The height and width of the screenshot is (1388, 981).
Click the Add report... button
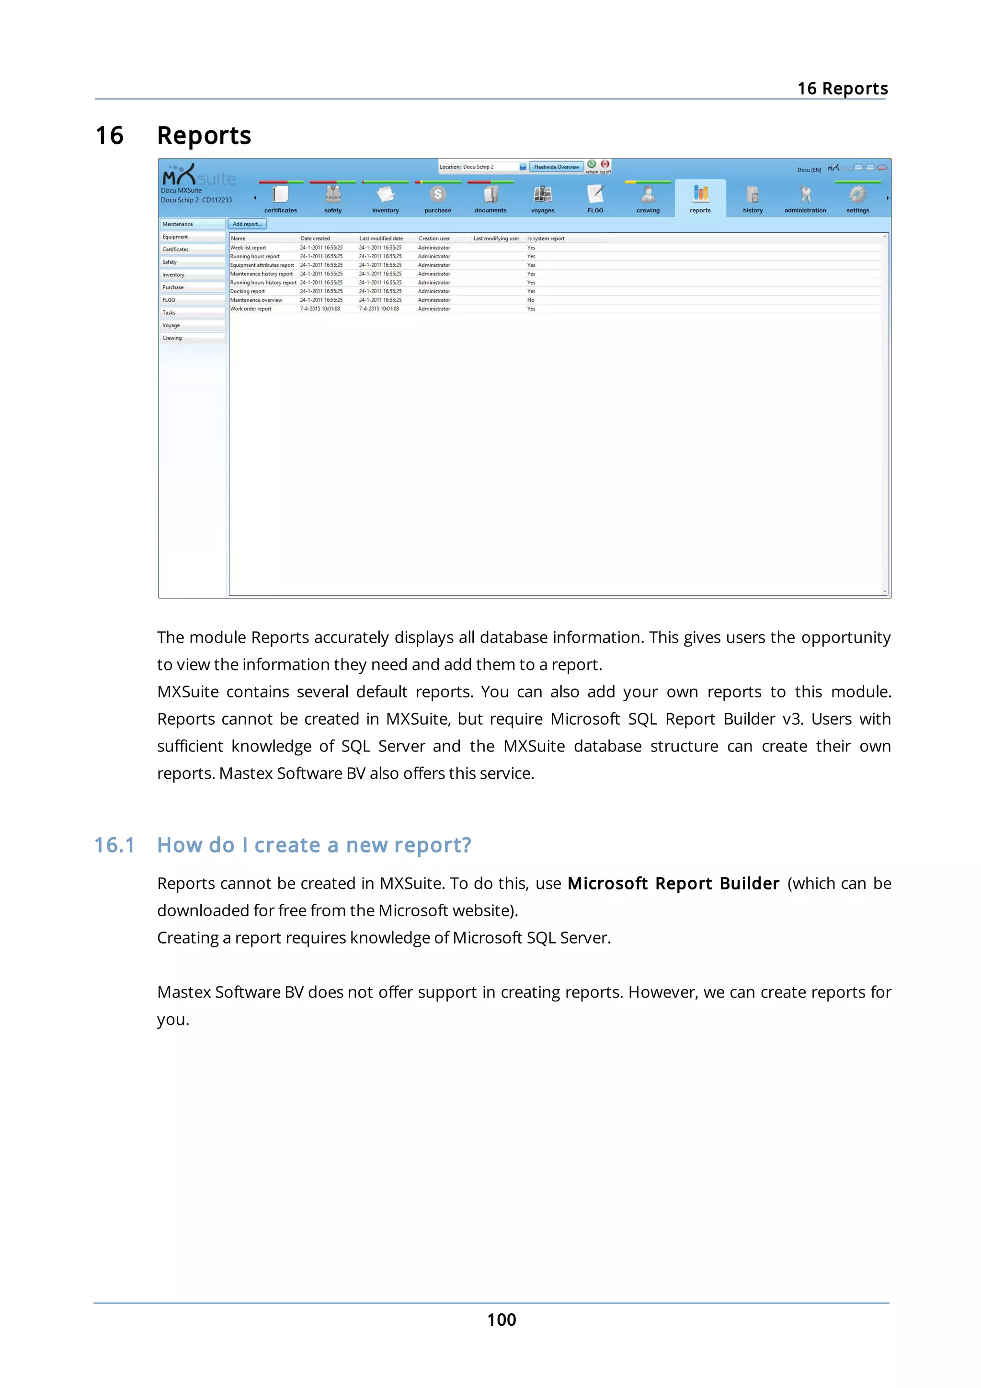point(247,224)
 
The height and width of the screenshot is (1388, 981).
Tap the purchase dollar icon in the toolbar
point(438,194)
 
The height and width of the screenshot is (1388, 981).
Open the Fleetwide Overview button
point(556,167)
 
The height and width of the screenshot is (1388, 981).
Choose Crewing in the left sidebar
point(172,338)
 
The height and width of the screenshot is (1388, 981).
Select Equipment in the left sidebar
point(175,237)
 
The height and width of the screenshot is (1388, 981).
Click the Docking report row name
point(247,291)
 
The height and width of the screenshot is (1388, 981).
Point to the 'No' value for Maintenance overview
point(531,300)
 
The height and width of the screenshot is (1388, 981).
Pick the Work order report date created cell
point(320,309)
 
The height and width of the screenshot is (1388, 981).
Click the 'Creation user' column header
point(434,239)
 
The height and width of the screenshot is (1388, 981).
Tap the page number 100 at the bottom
point(501,1320)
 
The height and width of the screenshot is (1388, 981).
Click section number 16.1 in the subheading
point(114,845)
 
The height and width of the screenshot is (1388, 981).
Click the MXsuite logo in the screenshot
point(198,176)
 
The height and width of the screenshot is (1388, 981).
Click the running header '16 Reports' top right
point(842,89)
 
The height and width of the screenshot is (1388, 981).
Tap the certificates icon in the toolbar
point(281,194)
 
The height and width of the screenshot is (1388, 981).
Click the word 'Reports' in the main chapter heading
point(204,136)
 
